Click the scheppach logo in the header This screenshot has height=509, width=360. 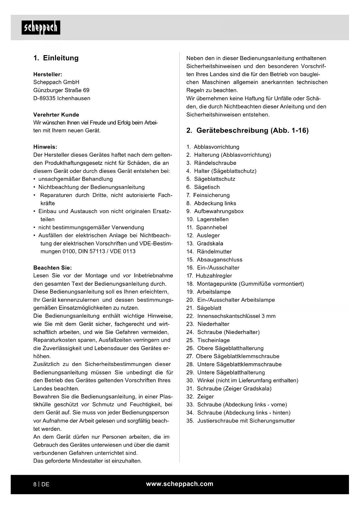(41, 28)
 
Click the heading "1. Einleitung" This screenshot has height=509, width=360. (56, 58)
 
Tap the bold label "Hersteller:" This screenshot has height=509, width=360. (48, 74)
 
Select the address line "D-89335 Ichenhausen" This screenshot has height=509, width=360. (62, 98)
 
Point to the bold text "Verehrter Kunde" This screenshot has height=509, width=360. (56, 115)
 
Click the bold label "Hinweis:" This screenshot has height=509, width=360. (45, 147)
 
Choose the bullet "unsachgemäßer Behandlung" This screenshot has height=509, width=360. (75, 179)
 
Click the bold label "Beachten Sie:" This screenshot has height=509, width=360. (53, 268)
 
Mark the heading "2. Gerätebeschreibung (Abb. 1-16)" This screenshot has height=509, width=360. (247, 131)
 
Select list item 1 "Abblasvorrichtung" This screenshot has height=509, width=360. (216, 147)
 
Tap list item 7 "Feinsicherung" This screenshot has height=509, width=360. (211, 195)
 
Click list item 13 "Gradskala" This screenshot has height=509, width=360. (210, 243)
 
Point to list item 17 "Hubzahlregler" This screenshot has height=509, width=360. (214, 276)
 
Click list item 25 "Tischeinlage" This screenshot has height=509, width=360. (213, 340)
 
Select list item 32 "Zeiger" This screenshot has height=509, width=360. (205, 396)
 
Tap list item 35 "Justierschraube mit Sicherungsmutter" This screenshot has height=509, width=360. (246, 421)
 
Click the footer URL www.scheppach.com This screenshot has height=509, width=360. (180, 484)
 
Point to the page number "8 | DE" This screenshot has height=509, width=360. (41, 484)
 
